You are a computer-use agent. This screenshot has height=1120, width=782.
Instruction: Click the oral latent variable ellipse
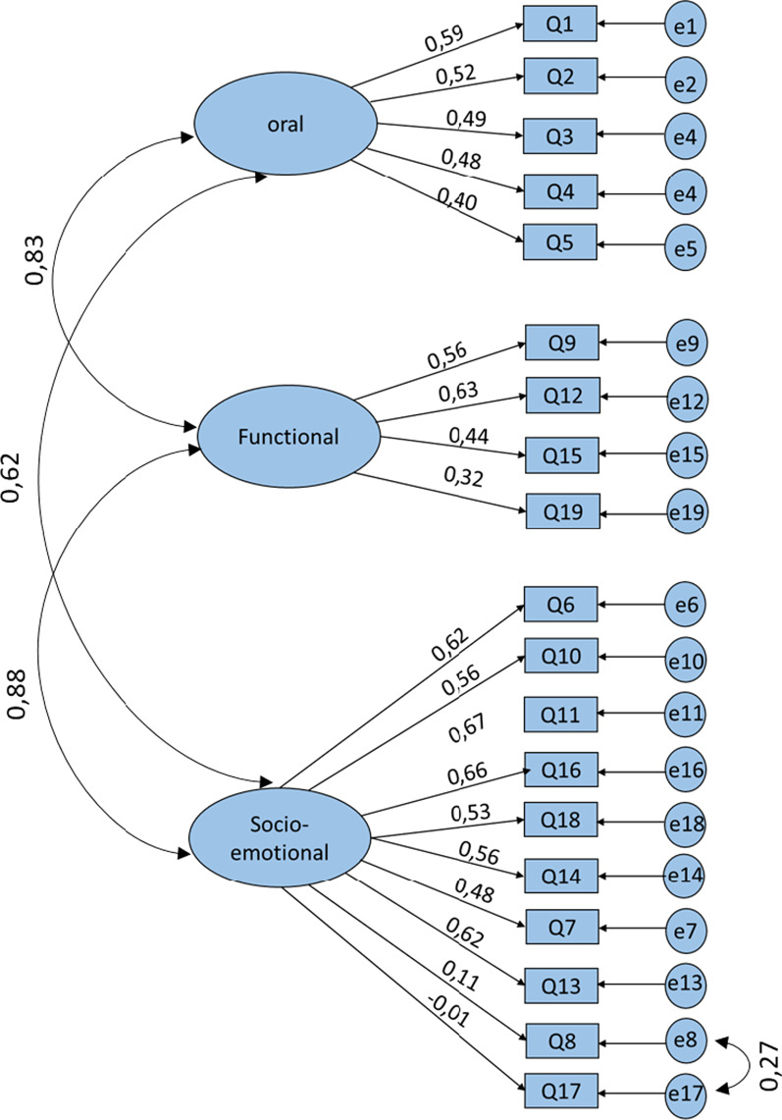(286, 124)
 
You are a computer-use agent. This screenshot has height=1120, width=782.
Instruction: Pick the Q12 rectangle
(561, 396)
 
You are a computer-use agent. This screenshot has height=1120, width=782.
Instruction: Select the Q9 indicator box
(561, 343)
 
